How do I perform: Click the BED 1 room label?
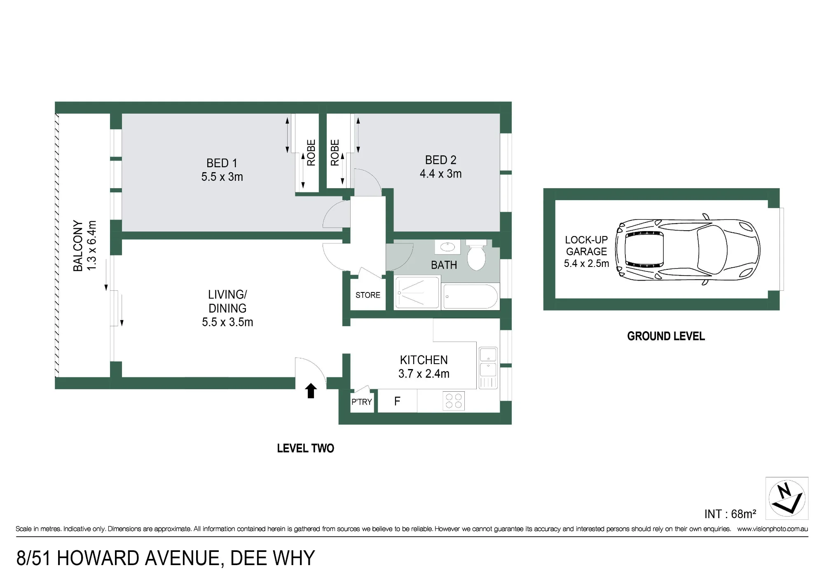click(x=222, y=163)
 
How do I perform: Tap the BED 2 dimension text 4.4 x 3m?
click(x=440, y=174)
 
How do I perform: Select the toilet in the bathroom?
click(x=476, y=255)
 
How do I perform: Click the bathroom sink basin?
click(x=447, y=247)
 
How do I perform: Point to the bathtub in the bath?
click(x=470, y=297)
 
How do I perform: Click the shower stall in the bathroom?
click(x=417, y=293)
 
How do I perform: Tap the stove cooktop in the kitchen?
click(x=454, y=401)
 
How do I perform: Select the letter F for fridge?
click(x=397, y=401)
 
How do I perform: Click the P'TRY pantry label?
click(x=361, y=402)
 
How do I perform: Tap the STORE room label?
click(x=368, y=295)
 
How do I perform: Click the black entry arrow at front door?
click(x=311, y=391)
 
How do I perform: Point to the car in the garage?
click(x=687, y=250)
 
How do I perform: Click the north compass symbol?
click(x=787, y=498)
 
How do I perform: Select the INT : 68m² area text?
click(x=730, y=514)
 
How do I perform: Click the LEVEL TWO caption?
click(x=305, y=449)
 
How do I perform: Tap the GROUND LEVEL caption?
click(x=666, y=337)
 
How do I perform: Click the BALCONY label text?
click(x=78, y=246)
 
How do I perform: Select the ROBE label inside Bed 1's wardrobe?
click(x=311, y=152)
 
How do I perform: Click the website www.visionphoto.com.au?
click(x=772, y=529)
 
